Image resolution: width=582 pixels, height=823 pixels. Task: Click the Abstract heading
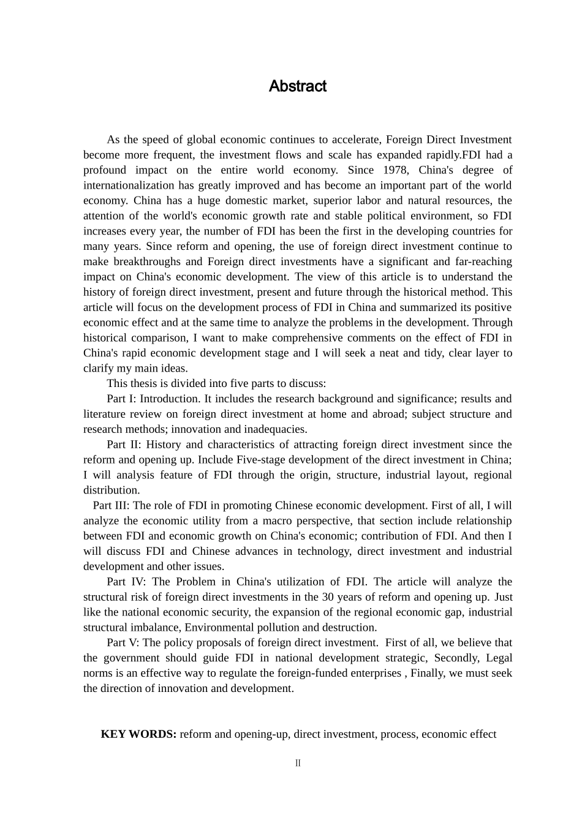tap(297, 86)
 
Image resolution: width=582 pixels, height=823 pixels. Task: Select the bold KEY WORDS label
tap(138, 734)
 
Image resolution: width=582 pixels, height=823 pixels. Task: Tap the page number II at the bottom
tap(298, 763)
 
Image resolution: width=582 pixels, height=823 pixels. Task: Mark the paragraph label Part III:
tap(111, 506)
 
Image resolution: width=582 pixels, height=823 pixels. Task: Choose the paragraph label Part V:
tap(123, 643)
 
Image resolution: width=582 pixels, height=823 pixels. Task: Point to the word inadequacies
tap(275, 429)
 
